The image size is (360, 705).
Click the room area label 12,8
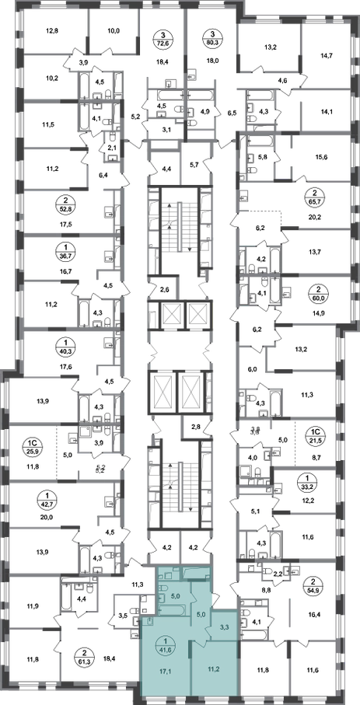click(x=52, y=31)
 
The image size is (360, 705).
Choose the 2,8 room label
click(x=196, y=428)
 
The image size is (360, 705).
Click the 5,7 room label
click(x=194, y=165)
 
